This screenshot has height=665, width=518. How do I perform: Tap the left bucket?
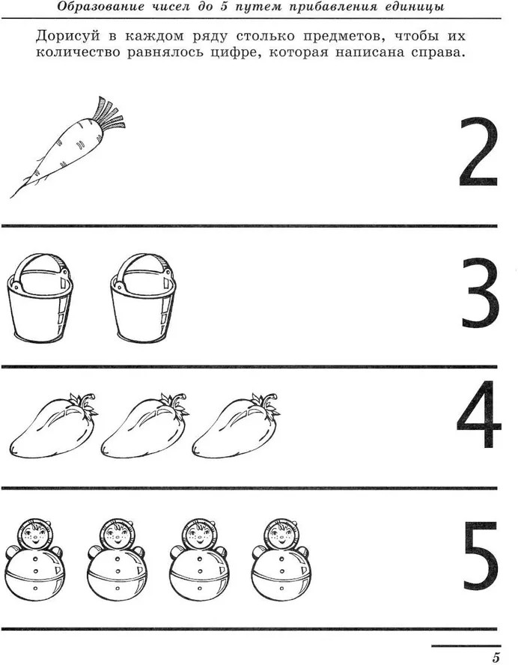point(40,298)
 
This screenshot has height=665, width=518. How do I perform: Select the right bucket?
point(143,298)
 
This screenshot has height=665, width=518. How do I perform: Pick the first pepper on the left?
point(54,427)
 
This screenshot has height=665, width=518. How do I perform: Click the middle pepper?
point(145,427)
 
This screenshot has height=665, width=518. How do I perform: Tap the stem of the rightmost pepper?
point(264,404)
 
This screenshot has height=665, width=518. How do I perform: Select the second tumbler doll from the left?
point(117,560)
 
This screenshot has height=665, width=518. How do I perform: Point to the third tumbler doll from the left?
point(199,560)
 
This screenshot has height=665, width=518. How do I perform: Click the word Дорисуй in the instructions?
point(68,37)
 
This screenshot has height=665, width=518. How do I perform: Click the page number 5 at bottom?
point(496,658)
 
